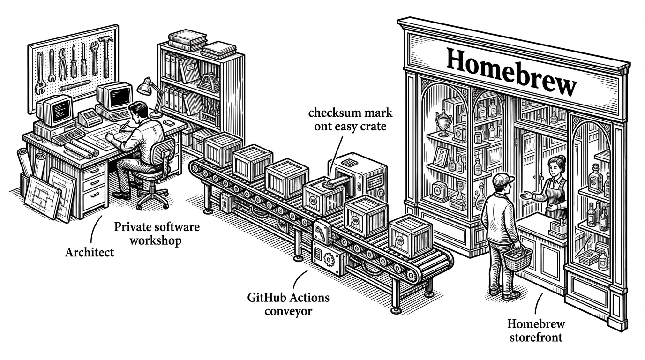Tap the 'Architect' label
(90, 253)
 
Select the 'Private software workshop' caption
(157, 233)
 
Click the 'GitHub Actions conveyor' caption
(288, 304)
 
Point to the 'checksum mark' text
(350, 112)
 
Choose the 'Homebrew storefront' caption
(536, 330)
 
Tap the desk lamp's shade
(144, 86)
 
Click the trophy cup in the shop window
(443, 123)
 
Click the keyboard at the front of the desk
(69, 136)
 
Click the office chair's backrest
(163, 153)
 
